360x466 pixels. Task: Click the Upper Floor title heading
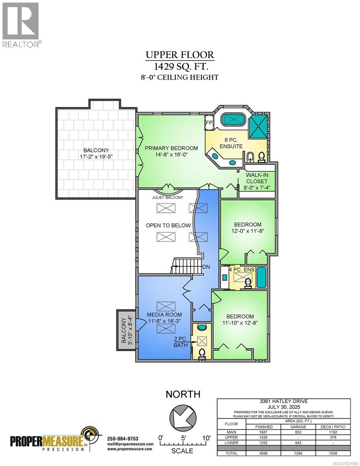click(x=179, y=55)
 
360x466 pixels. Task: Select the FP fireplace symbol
click(x=209, y=123)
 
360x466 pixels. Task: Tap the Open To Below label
click(x=168, y=225)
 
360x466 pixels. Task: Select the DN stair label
click(x=207, y=268)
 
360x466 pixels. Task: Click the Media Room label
click(x=164, y=314)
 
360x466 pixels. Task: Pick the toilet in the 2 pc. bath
click(x=202, y=354)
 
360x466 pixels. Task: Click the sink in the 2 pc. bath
click(x=202, y=328)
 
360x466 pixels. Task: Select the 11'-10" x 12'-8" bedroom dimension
click(x=240, y=323)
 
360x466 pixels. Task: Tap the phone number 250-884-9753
click(x=122, y=438)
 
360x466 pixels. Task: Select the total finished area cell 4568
click(x=264, y=453)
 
